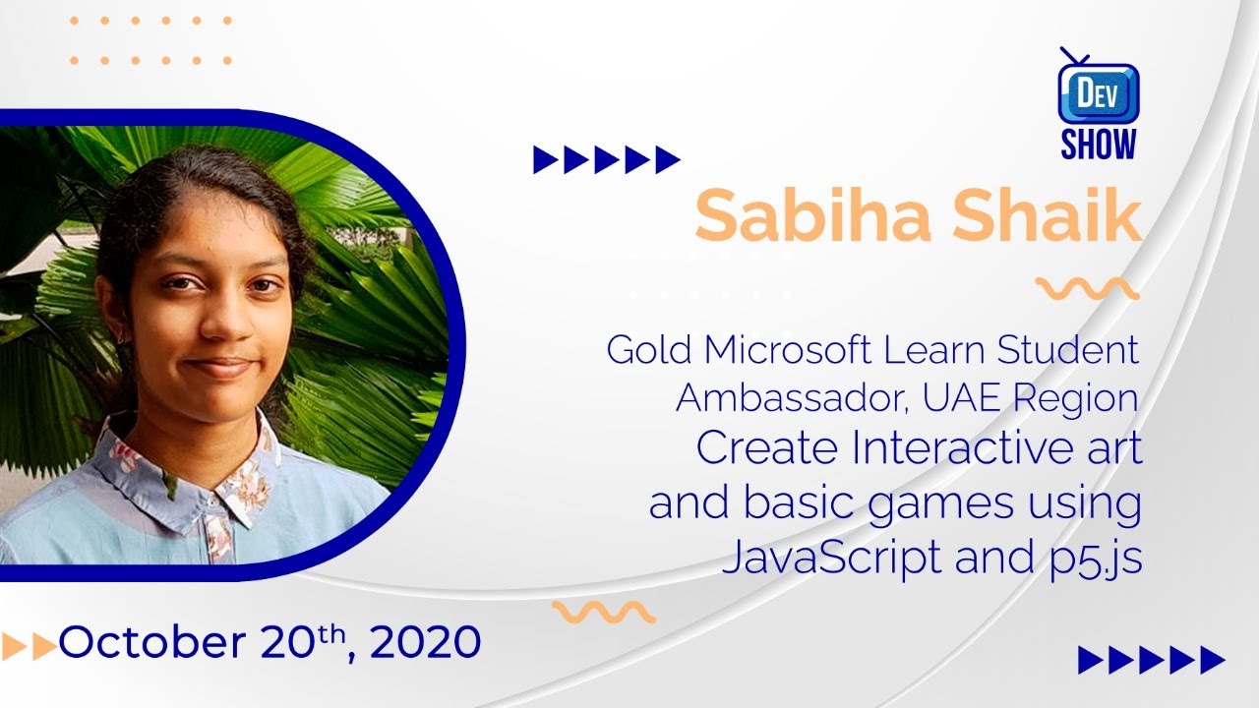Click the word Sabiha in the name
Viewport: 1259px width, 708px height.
click(812, 214)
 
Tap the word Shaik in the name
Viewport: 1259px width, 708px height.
click(1047, 214)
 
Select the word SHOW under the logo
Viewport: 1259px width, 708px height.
click(1099, 144)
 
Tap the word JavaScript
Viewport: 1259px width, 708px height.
click(831, 558)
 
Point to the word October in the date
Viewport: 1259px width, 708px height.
click(152, 642)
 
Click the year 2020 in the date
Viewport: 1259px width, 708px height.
click(426, 642)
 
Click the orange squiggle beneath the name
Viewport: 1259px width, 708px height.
click(1087, 288)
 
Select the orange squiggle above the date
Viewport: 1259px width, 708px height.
click(604, 612)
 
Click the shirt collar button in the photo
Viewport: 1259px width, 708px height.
click(211, 500)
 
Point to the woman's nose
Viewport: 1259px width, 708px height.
click(225, 320)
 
